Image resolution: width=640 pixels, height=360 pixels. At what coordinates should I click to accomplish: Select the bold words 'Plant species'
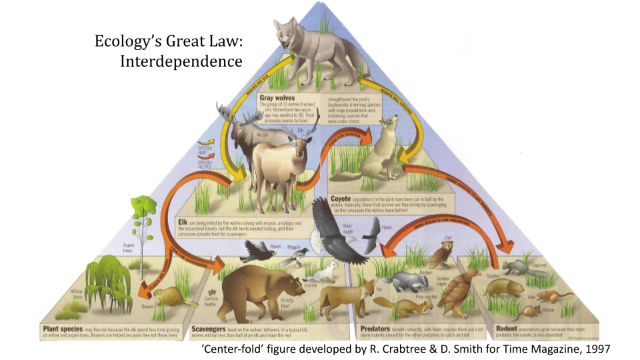click(63, 329)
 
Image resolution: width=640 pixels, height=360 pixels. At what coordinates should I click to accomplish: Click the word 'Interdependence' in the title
click(181, 62)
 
